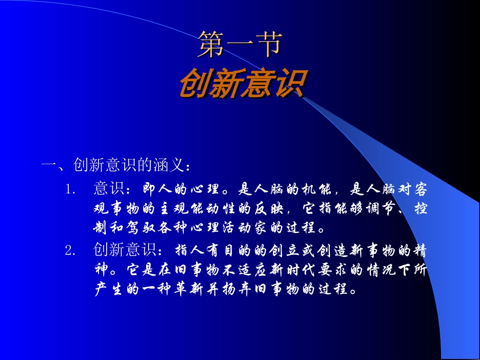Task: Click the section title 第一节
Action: (239, 45)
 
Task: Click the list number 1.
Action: (70, 190)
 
